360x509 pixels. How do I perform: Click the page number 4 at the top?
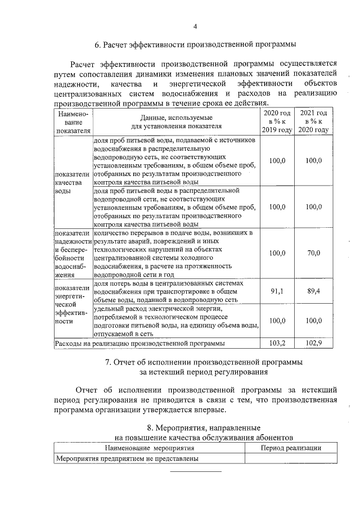pos(195,26)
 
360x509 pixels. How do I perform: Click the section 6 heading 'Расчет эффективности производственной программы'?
pos(195,44)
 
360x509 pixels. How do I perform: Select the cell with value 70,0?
pos(313,253)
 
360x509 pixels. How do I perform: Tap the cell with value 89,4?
pos(313,291)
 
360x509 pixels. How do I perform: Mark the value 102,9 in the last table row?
pos(313,342)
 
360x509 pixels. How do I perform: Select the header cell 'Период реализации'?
pos(289,448)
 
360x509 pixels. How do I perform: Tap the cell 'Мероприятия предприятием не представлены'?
pos(127,458)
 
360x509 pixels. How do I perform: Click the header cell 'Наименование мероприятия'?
pos(149,448)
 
